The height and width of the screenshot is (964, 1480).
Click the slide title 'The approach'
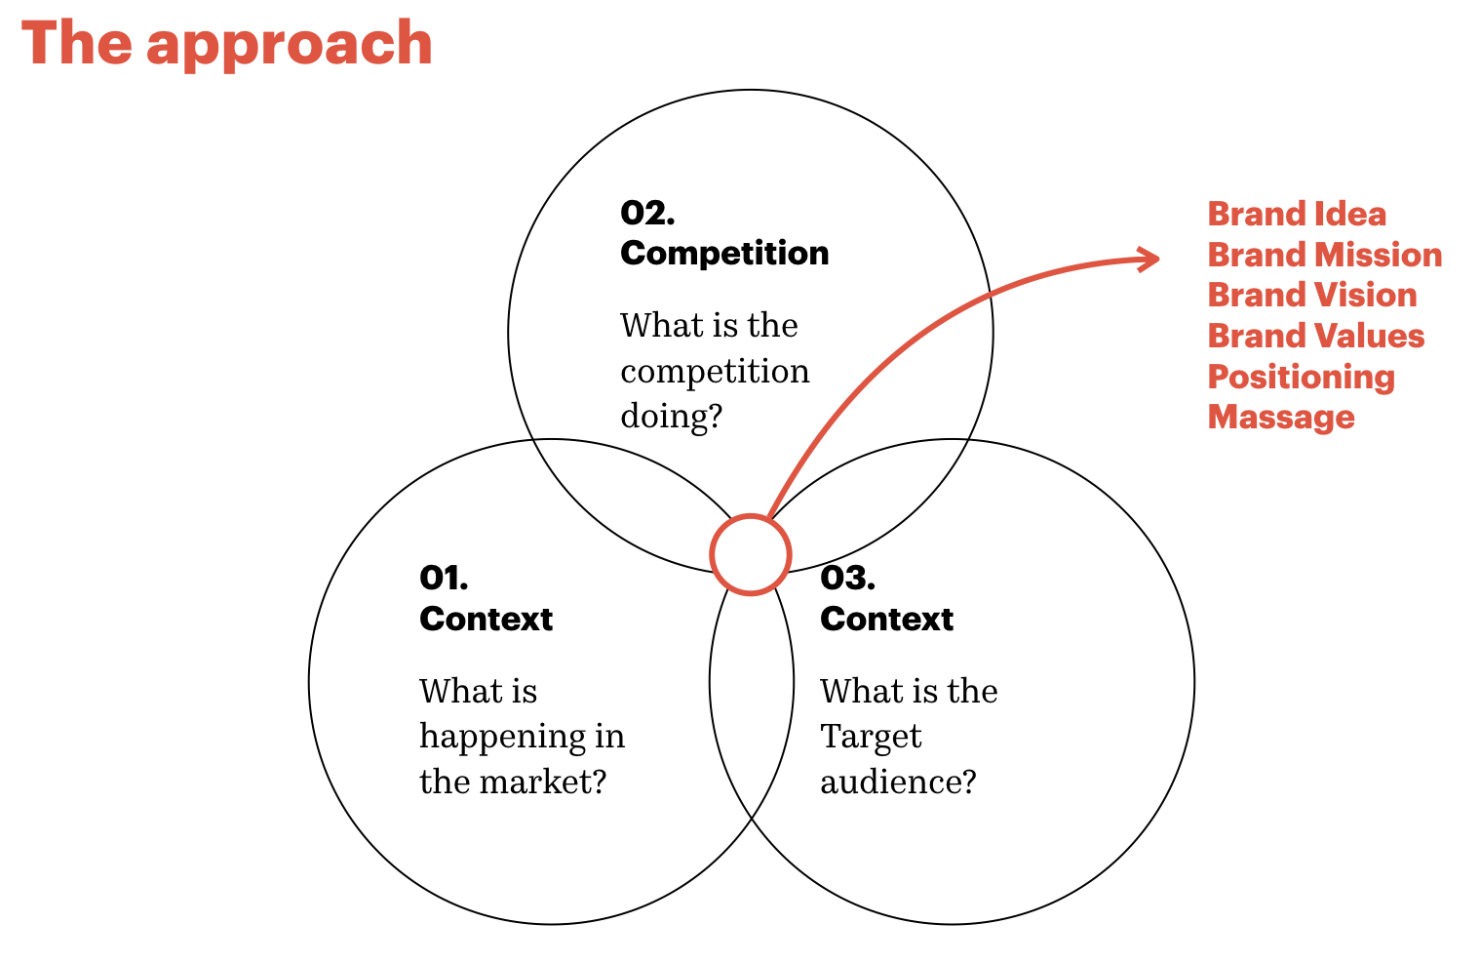click(x=226, y=44)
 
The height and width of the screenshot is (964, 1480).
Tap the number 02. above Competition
click(x=646, y=213)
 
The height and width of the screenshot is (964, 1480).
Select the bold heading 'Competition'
click(x=724, y=253)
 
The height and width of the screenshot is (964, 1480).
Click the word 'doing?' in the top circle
click(x=671, y=417)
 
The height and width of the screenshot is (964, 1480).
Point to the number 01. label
click(x=444, y=578)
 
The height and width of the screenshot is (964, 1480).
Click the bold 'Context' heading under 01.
click(x=486, y=619)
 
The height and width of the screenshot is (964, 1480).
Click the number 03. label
click(x=847, y=578)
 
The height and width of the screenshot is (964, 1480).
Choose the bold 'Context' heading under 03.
click(x=886, y=619)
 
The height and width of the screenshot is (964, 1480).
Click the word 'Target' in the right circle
click(x=870, y=737)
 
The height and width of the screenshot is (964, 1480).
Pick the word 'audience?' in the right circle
click(x=897, y=782)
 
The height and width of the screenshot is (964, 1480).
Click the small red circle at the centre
click(x=750, y=554)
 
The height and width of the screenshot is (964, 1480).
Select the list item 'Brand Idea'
click(x=1296, y=214)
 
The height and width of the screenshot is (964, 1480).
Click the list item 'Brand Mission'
click(x=1324, y=255)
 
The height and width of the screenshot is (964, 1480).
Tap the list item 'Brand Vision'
click(x=1311, y=295)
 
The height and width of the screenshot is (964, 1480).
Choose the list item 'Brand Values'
click(x=1315, y=336)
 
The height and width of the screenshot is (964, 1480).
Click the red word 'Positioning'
click(x=1301, y=377)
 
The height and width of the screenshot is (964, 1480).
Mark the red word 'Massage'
click(x=1280, y=417)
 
